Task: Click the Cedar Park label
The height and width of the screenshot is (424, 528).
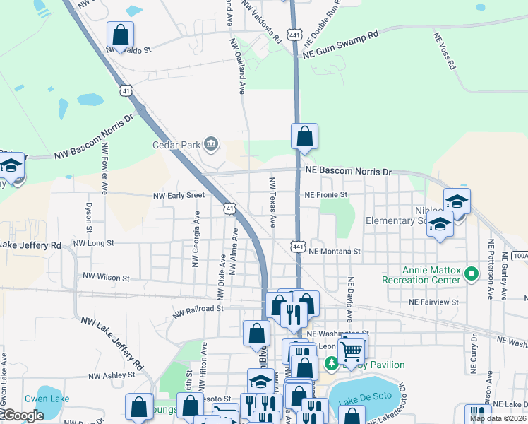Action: click(176, 146)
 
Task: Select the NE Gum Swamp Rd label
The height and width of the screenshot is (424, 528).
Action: click(341, 44)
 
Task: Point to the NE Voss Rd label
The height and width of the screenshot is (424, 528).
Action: click(443, 52)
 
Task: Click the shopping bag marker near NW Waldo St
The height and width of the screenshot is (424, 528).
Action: click(121, 35)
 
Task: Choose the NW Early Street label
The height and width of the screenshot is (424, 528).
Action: click(179, 195)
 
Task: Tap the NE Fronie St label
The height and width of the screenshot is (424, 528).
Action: click(327, 194)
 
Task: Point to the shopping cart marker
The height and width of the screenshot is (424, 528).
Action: click(351, 349)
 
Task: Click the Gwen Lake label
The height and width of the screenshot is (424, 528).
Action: click(47, 399)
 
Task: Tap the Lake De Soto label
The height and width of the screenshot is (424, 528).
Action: click(362, 401)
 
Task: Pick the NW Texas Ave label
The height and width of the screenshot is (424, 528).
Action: click(272, 203)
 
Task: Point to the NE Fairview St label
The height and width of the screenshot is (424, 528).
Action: click(433, 302)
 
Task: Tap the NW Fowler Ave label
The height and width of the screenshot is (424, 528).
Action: click(104, 170)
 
